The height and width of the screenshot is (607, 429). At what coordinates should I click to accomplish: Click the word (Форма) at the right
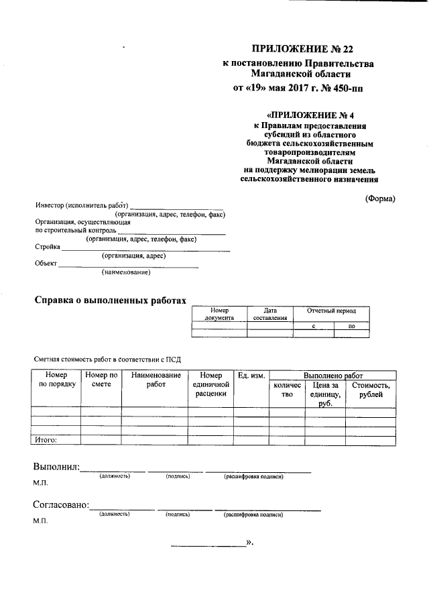(x=380, y=198)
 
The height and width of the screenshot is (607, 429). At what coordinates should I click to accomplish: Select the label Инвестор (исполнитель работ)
(x=81, y=206)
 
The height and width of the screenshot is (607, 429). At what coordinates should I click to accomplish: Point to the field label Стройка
(x=47, y=247)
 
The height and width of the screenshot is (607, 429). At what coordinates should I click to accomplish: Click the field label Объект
(x=46, y=264)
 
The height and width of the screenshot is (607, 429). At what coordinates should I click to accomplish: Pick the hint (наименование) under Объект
(x=126, y=272)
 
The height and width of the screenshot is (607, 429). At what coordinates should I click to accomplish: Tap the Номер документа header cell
(x=219, y=315)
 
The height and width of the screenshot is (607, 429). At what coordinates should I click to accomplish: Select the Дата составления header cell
(x=270, y=315)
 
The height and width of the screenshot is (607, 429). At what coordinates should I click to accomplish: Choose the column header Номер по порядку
(x=56, y=380)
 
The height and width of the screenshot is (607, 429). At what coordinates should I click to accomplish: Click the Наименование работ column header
(x=156, y=380)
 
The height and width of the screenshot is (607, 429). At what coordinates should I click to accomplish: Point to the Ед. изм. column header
(x=250, y=375)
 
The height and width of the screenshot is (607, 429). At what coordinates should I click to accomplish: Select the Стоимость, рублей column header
(x=371, y=390)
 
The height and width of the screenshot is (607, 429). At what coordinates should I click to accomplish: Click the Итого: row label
(x=46, y=440)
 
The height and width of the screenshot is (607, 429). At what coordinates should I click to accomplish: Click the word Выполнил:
(x=56, y=467)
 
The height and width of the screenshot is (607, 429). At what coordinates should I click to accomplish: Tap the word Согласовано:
(x=61, y=505)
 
